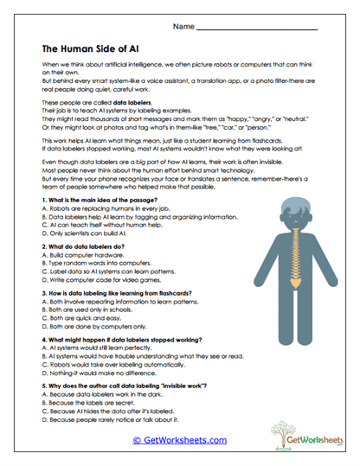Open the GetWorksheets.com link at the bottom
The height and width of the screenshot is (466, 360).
point(180,440)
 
